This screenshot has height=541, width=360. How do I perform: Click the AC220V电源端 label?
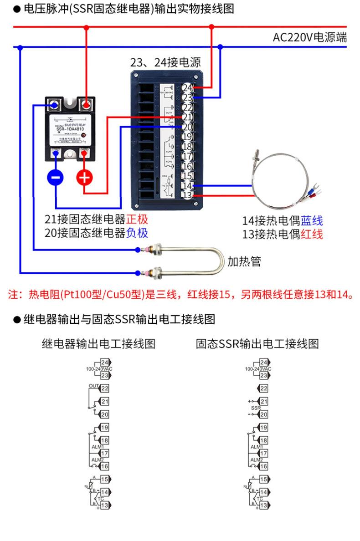(x=309, y=37)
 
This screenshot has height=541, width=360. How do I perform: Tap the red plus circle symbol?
(x=84, y=178)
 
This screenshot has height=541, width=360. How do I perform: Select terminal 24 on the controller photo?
(x=187, y=87)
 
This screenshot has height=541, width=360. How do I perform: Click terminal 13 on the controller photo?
(x=187, y=195)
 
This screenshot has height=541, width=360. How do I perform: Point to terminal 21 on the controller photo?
(x=187, y=117)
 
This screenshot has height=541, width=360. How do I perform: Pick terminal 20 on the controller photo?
(x=187, y=127)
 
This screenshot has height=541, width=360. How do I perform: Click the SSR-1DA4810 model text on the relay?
(x=70, y=129)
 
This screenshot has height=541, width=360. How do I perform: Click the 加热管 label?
(x=244, y=261)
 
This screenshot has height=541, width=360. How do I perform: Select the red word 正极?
(x=137, y=219)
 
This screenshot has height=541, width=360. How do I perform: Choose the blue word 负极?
(x=137, y=233)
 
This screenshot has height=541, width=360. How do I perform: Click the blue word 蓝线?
(x=312, y=221)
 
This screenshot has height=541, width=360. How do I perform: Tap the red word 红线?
(x=312, y=235)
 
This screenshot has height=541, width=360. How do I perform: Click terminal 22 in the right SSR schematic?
(x=263, y=388)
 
